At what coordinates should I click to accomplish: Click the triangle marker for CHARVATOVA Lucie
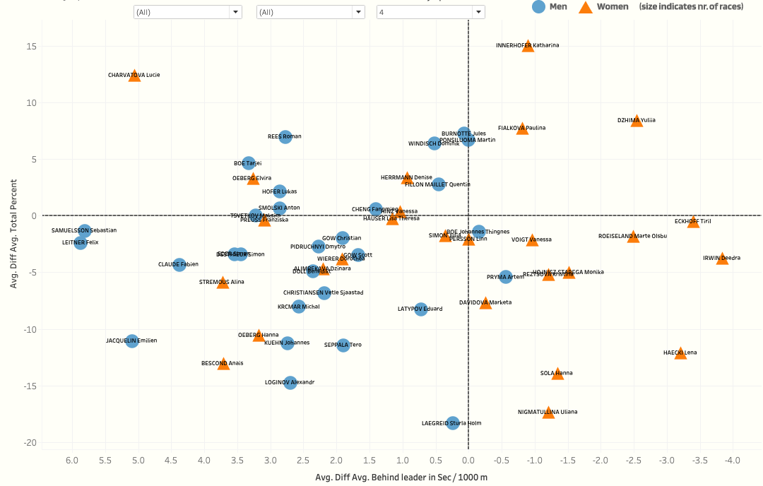[x=134, y=76]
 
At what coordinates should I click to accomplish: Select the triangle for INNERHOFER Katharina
[x=528, y=46]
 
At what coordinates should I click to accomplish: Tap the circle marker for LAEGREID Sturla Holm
[x=453, y=422]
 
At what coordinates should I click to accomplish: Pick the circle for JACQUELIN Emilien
[x=132, y=341]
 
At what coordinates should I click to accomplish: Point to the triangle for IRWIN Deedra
[x=722, y=259]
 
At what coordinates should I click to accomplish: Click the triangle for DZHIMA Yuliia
[x=637, y=121]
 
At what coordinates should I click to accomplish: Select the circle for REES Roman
[x=285, y=136]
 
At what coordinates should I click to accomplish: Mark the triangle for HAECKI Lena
[x=680, y=353]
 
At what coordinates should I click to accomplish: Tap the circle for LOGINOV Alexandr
[x=290, y=382]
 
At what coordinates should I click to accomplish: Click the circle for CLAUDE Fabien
[x=179, y=265]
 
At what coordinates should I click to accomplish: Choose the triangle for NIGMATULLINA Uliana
[x=548, y=413]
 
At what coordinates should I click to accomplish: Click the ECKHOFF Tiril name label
[x=692, y=221]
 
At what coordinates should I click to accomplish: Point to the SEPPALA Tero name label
[x=343, y=345]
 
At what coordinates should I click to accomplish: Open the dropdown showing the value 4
[x=430, y=12]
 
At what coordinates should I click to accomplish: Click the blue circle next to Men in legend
[x=538, y=6]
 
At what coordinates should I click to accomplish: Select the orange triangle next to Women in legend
[x=585, y=7]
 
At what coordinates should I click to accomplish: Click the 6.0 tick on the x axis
[x=72, y=461]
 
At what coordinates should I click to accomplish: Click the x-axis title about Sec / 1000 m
[x=401, y=478]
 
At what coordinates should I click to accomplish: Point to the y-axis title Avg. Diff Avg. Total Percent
[x=13, y=233]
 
